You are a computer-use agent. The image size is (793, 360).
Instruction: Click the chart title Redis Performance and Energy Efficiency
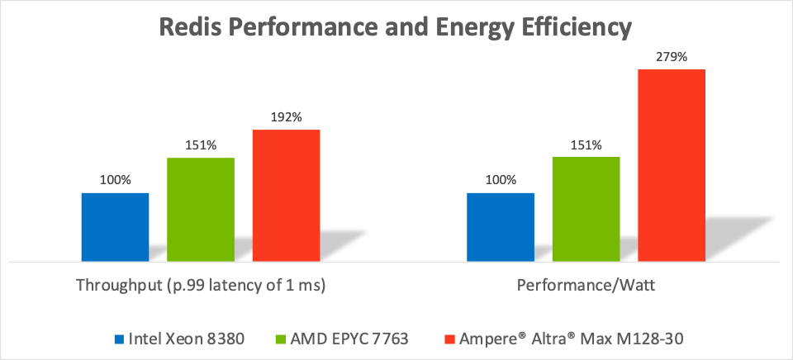[396, 27]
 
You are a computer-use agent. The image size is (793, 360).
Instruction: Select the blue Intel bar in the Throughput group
[115, 227]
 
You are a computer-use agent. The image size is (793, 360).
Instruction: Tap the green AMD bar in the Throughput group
[201, 210]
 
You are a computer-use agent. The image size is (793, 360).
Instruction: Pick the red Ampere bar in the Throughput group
[286, 195]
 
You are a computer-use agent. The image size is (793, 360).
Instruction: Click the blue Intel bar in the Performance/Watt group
[501, 227]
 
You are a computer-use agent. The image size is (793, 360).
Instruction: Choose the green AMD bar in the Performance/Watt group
[586, 210]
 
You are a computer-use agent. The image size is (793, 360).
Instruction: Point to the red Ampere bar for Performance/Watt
[672, 165]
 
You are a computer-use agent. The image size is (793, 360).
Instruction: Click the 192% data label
[286, 117]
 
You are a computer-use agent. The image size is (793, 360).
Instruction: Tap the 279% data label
[672, 57]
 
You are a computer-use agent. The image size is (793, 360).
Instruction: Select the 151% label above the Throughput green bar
[201, 145]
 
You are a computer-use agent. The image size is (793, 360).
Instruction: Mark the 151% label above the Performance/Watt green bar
[586, 145]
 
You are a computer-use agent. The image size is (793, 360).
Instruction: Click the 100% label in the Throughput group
[115, 180]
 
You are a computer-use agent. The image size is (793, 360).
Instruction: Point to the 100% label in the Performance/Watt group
[501, 180]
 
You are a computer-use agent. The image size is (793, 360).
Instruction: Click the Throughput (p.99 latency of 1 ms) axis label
[201, 286]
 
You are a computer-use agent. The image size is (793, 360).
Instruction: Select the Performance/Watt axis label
[586, 286]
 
